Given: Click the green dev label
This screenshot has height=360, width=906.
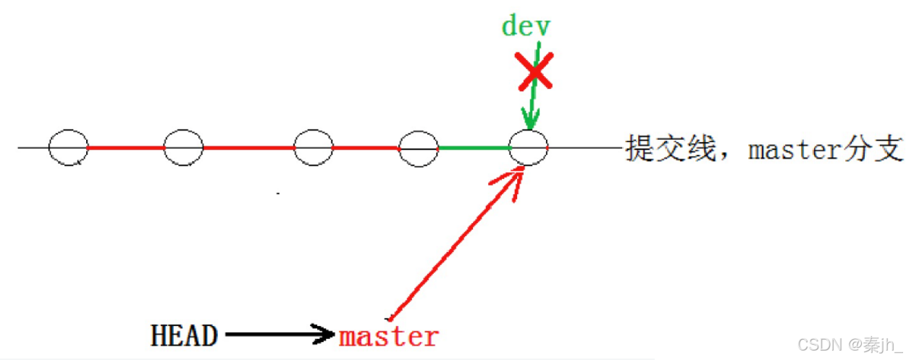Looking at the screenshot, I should (x=527, y=26).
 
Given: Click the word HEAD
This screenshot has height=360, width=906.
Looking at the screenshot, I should (x=184, y=335).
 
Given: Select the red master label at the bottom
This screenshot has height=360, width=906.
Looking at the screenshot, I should (x=389, y=336).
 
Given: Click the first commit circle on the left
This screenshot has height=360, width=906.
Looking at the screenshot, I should (x=69, y=147).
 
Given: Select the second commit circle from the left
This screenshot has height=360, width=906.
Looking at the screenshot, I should (x=183, y=147).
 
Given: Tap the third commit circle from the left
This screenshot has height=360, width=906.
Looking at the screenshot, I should (x=314, y=147).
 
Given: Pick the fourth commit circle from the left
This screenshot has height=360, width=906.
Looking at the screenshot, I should (x=419, y=147).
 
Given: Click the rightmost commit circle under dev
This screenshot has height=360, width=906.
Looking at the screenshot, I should (x=529, y=147).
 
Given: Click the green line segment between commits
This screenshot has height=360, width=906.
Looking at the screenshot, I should (x=474, y=148).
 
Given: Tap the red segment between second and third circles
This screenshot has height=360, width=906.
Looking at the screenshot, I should (x=248, y=148).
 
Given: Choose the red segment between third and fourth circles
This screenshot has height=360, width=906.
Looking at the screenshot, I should (x=366, y=148).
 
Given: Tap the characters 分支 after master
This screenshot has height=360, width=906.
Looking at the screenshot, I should (x=876, y=149).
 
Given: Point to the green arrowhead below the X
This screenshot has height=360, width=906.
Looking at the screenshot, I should (x=530, y=120).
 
